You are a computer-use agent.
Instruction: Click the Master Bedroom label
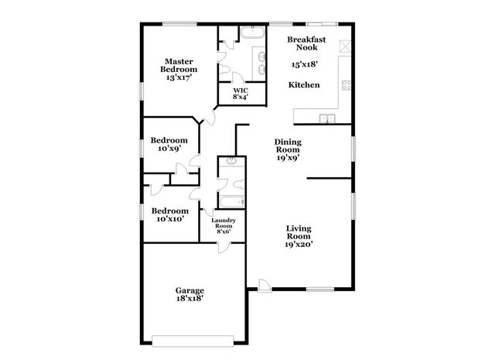177,70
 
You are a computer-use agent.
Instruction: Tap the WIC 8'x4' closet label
241,94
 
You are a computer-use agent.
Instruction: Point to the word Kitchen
304,84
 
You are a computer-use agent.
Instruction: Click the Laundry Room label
224,225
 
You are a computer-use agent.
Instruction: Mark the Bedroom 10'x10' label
169,214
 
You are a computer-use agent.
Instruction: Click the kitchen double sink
328,118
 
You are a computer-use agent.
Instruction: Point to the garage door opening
193,338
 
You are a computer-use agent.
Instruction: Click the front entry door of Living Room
264,285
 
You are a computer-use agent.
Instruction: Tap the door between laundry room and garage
224,245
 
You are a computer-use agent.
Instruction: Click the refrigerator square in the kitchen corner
347,45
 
